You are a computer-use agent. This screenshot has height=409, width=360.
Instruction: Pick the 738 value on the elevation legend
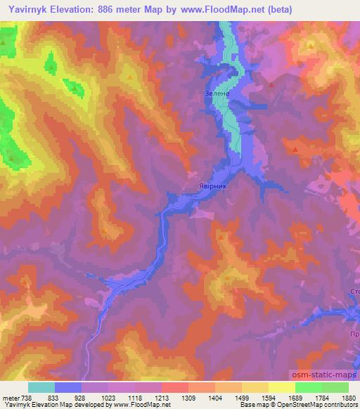pos(27,397)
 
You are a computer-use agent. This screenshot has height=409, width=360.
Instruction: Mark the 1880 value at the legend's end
pos(349,397)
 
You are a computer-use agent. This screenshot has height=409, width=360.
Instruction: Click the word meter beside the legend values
pos(11,397)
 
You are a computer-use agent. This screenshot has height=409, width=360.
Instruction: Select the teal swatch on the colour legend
pos(41,387)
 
